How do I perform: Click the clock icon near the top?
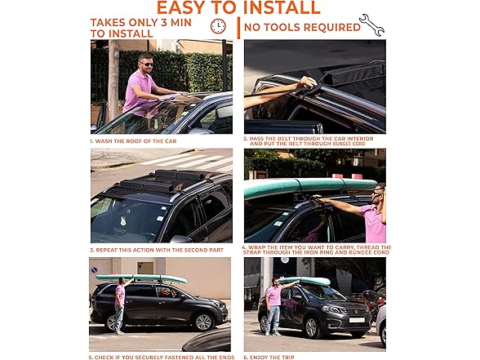pos(218,27)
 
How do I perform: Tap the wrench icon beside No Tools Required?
pos(371,24)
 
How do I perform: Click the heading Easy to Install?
pos(238,8)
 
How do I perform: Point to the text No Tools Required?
pos(302,27)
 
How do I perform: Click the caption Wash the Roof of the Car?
pos(132,141)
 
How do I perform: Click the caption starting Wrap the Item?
pos(317,250)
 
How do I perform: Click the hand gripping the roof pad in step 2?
pos(305,82)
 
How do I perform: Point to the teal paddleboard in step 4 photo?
pos(310,186)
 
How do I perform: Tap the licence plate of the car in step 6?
pos(358,319)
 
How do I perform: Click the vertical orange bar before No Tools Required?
pos(238,28)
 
